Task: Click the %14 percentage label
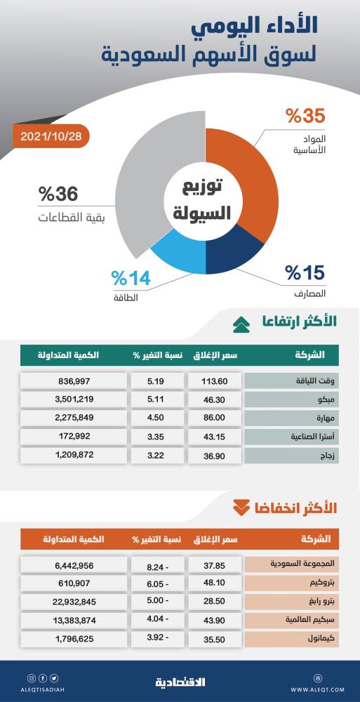131,279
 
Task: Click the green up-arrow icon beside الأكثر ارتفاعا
240,324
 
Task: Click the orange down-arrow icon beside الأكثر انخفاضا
240,507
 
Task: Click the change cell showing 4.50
156,418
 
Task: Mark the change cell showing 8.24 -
156,564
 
